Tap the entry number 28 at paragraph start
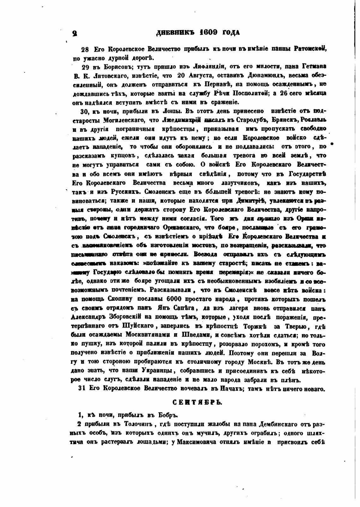pos(85,49)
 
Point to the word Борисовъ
pos(108,67)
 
